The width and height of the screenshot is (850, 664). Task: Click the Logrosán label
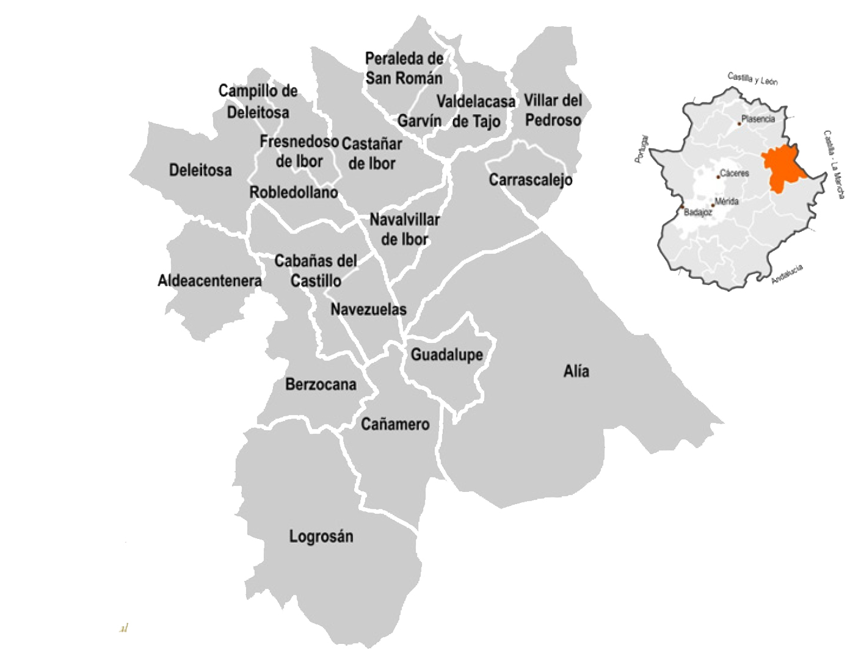tap(321, 536)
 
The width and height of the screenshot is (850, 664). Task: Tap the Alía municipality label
tap(576, 371)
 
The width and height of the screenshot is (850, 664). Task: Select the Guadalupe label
tap(446, 355)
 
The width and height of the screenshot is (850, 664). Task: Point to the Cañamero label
tap(395, 424)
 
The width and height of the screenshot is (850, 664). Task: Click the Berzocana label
tap(321, 384)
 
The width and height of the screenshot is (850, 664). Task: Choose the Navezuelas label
tap(368, 309)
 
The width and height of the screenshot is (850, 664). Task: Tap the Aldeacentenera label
tap(209, 281)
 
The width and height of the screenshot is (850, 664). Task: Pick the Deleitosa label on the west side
tap(200, 170)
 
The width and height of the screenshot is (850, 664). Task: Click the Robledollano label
tap(294, 192)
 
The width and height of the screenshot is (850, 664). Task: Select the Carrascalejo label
tap(531, 180)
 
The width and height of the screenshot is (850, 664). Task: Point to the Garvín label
tap(420, 121)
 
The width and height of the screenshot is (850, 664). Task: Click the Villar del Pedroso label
tap(553, 110)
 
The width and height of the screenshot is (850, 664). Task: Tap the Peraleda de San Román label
tap(404, 68)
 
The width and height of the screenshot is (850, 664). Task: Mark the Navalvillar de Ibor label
tap(404, 229)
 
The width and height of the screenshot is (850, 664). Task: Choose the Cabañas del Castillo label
tap(316, 270)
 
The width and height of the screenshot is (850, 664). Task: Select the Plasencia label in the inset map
tap(758, 119)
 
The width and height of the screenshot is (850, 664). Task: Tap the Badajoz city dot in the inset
tap(682, 207)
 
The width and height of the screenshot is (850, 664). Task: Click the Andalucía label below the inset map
tap(787, 275)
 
